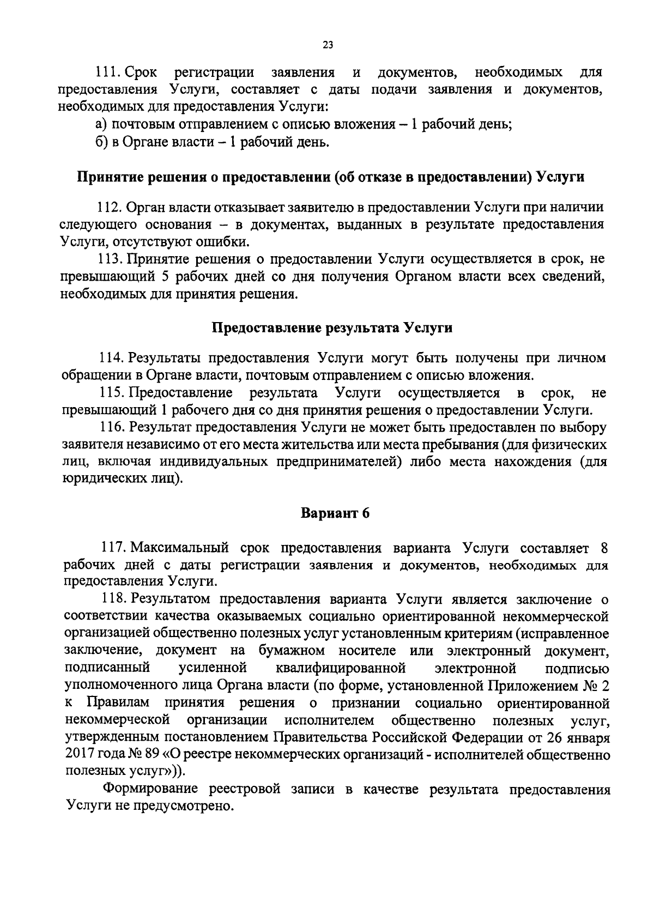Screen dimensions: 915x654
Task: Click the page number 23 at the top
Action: tap(328, 46)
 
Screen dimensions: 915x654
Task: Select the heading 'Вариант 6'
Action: tap(336, 513)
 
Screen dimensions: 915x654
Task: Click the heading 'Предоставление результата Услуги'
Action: tap(332, 329)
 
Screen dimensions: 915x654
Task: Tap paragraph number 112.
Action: tap(108, 207)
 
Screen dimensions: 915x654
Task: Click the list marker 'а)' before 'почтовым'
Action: tap(101, 124)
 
